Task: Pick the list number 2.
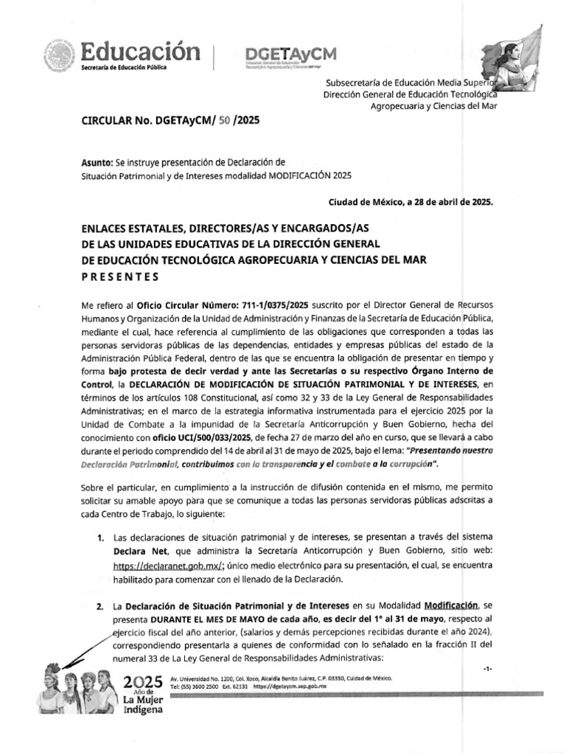pos(99,605)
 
